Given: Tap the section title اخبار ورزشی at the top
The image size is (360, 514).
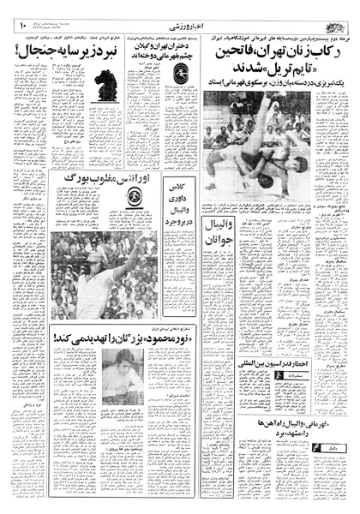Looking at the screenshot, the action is point(178,28).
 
